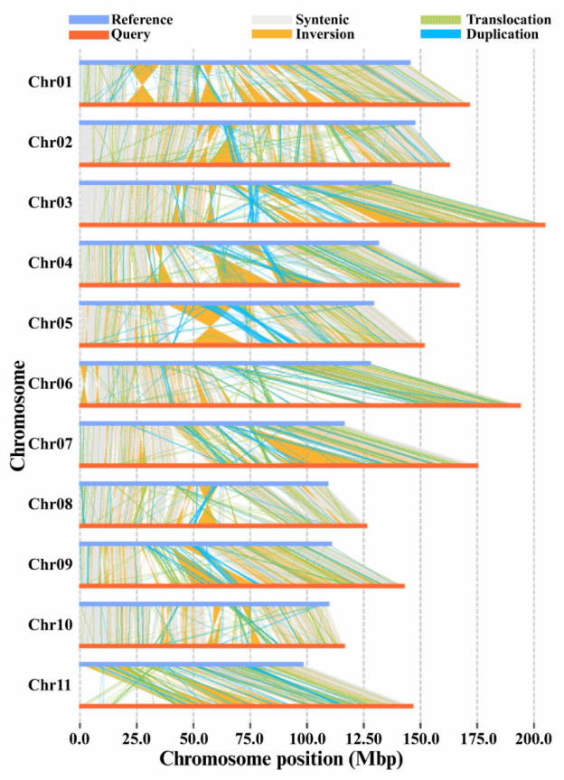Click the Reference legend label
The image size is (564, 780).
[x=141, y=20]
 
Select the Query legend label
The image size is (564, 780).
[x=130, y=34]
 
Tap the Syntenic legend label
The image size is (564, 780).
[x=323, y=20]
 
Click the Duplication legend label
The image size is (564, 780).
[x=502, y=34]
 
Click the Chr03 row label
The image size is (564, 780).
[x=50, y=202]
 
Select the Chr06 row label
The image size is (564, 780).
[x=50, y=383]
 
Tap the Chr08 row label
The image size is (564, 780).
[x=50, y=504]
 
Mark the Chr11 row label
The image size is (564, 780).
[x=50, y=684]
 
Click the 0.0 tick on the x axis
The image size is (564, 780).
[x=80, y=739]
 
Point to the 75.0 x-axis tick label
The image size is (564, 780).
[x=250, y=739]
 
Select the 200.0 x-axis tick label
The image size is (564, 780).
[x=533, y=739]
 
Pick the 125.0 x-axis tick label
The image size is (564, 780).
[x=363, y=739]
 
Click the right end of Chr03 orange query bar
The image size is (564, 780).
[x=543, y=224]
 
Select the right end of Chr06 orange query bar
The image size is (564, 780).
[x=519, y=405]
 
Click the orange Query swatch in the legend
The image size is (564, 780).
[x=88, y=34]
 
